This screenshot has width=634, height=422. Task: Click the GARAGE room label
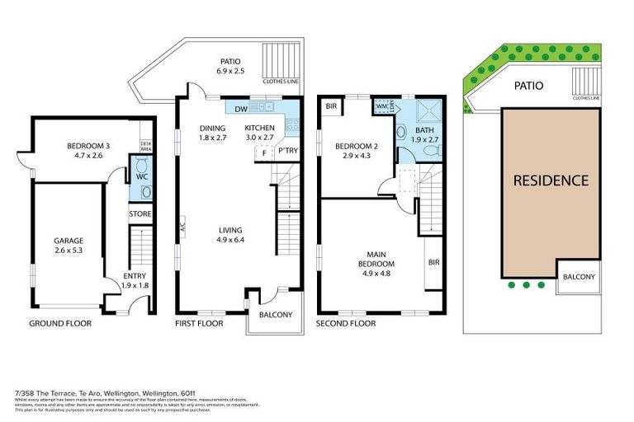(x=69, y=241)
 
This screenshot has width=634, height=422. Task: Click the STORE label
(x=140, y=214)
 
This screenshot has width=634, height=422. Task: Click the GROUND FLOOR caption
(x=60, y=324)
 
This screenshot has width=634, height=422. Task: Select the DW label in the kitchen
(x=241, y=110)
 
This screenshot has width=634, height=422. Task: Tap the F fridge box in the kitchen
(x=263, y=152)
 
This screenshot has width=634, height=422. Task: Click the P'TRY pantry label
(x=287, y=152)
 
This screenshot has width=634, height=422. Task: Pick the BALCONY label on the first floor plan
(x=274, y=313)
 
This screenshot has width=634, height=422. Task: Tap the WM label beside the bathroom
(x=382, y=106)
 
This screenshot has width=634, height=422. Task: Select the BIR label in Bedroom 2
(x=331, y=106)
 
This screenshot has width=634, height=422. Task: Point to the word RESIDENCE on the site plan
(x=551, y=181)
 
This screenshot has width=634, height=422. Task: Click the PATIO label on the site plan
(x=528, y=85)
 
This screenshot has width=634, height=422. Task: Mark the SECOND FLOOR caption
(x=346, y=324)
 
